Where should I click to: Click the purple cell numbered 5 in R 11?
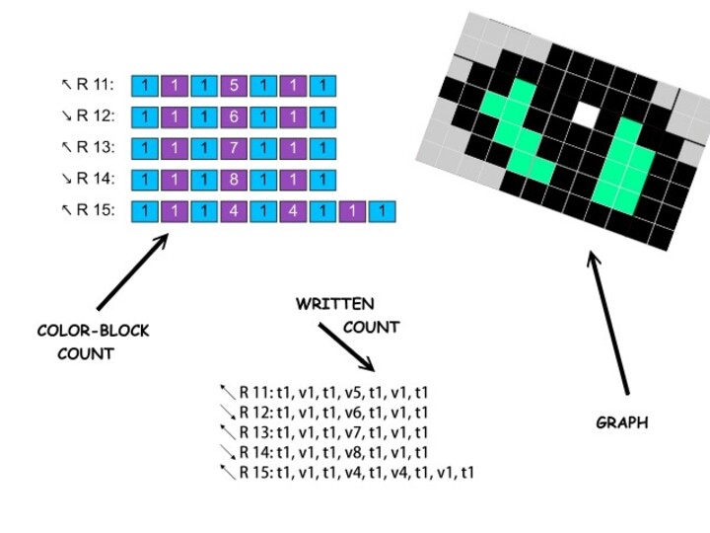234,85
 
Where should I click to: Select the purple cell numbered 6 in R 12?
234,116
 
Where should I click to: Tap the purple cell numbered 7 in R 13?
234,148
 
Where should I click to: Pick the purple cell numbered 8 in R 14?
234,180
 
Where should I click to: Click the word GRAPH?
622,422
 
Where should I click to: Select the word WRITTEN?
335,304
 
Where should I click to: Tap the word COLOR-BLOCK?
94,331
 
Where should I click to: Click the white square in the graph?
586,114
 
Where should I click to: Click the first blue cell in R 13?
145,148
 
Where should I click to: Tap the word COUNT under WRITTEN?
371,327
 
